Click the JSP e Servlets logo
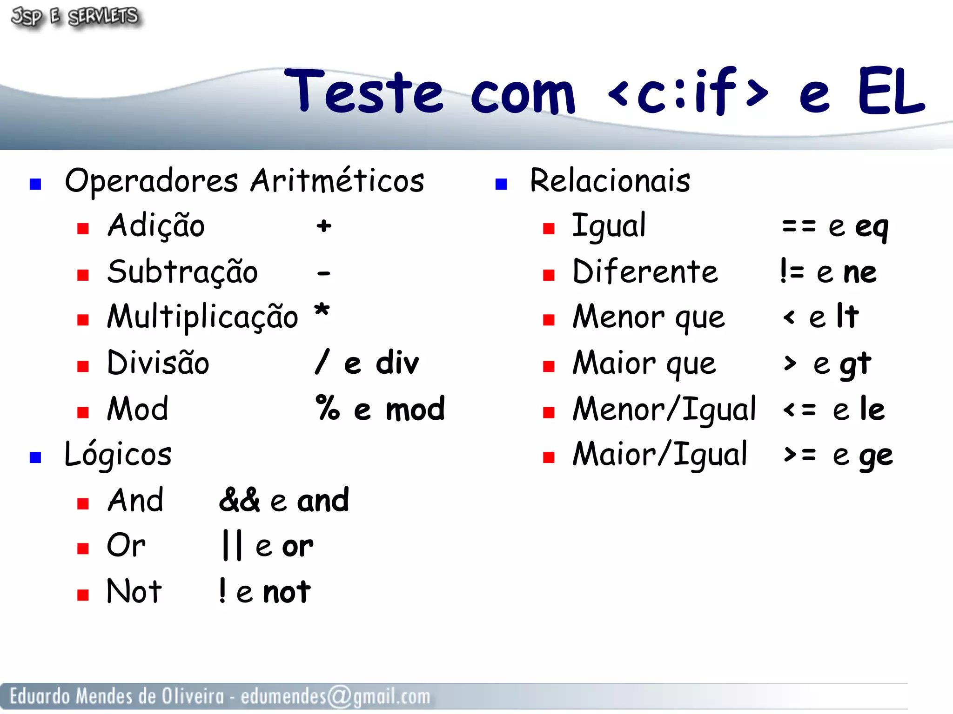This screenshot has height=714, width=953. pyautogui.click(x=74, y=17)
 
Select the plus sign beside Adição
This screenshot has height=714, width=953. pyautogui.click(x=324, y=226)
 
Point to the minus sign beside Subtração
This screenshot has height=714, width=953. pyautogui.click(x=323, y=273)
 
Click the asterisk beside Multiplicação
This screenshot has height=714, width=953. pyautogui.click(x=322, y=310)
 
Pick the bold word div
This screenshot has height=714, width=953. pyautogui.click(x=397, y=363)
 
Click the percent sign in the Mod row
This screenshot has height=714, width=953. pyautogui.click(x=328, y=408)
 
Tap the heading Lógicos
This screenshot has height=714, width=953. pyautogui.click(x=118, y=454)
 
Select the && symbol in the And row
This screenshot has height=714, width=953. pyautogui.click(x=239, y=500)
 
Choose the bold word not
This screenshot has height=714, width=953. pyautogui.click(x=287, y=592)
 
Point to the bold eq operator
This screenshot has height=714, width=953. pyautogui.click(x=872, y=227)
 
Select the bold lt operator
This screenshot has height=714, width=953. pyautogui.click(x=847, y=316)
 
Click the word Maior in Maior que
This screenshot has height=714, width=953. pyautogui.click(x=614, y=363)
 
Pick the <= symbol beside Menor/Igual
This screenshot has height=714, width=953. pyautogui.click(x=799, y=410)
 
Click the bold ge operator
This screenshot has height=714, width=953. pyautogui.click(x=876, y=456)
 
